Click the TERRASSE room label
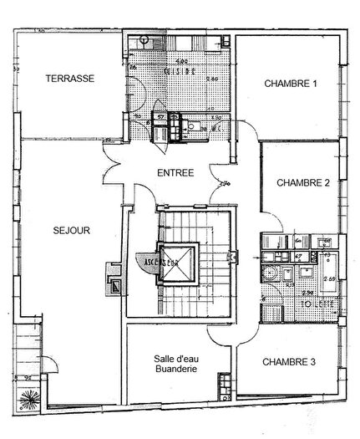69,79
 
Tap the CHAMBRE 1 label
291,84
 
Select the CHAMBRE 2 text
303,183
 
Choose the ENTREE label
175,173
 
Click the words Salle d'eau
174,358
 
